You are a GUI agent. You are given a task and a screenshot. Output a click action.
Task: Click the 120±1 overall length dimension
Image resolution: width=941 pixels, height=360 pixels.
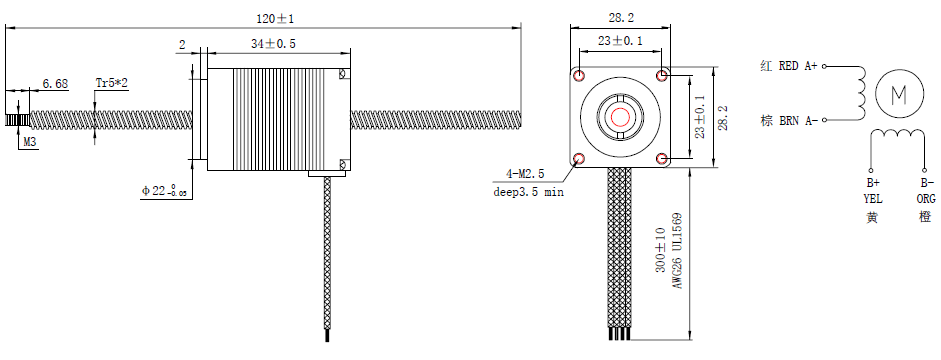275,19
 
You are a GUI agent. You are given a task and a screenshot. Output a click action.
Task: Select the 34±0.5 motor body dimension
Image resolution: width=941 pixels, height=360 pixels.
274,43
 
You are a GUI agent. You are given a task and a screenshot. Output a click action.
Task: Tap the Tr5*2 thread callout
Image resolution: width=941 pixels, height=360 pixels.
112,83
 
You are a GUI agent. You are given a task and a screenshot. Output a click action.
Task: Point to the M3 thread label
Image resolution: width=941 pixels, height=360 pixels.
29,142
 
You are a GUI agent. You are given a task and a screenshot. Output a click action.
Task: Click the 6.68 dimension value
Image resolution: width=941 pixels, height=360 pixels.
54,83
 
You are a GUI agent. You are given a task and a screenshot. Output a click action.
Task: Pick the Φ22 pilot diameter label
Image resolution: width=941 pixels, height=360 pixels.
164,191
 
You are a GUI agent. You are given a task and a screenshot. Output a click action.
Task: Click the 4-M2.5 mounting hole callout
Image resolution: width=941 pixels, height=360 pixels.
525,174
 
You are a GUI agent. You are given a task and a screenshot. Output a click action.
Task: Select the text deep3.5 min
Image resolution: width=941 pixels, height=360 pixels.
528,192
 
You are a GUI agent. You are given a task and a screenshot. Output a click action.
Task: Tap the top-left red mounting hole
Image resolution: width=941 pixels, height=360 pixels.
579,76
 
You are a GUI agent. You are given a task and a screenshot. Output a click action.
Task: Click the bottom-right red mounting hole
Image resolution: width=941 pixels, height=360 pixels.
662,158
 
